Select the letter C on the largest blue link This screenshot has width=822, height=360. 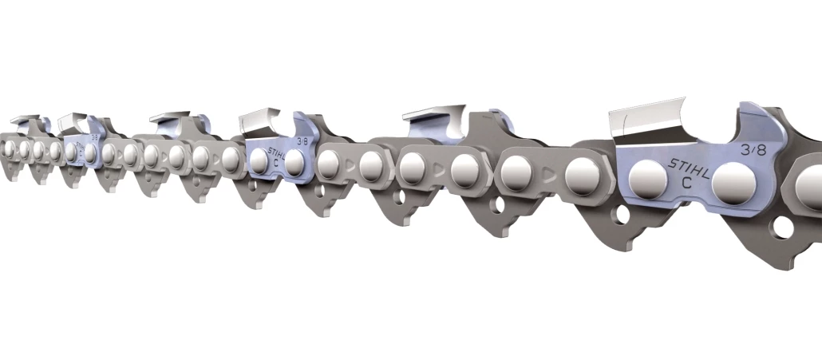[x=686, y=184]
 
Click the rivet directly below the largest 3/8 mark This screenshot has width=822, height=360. [x=734, y=184]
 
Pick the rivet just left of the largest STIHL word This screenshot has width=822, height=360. [x=646, y=180]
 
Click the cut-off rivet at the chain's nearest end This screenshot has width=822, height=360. [x=810, y=184]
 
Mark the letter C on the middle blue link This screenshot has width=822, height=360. [x=276, y=160]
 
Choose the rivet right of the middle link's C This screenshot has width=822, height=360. [x=295, y=163]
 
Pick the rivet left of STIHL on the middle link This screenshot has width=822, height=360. [x=259, y=160]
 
